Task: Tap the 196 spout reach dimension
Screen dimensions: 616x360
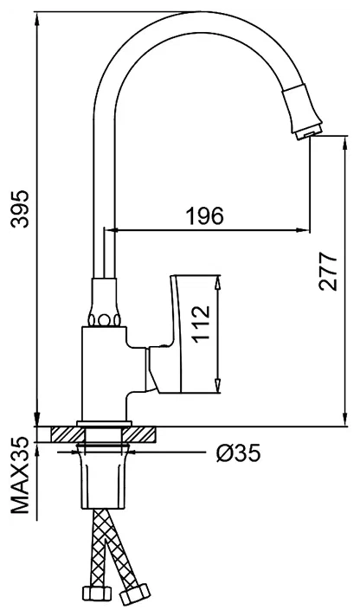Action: coord(204,216)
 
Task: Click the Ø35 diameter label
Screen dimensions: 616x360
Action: coord(236,452)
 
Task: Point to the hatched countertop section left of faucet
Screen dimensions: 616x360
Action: coord(63,434)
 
